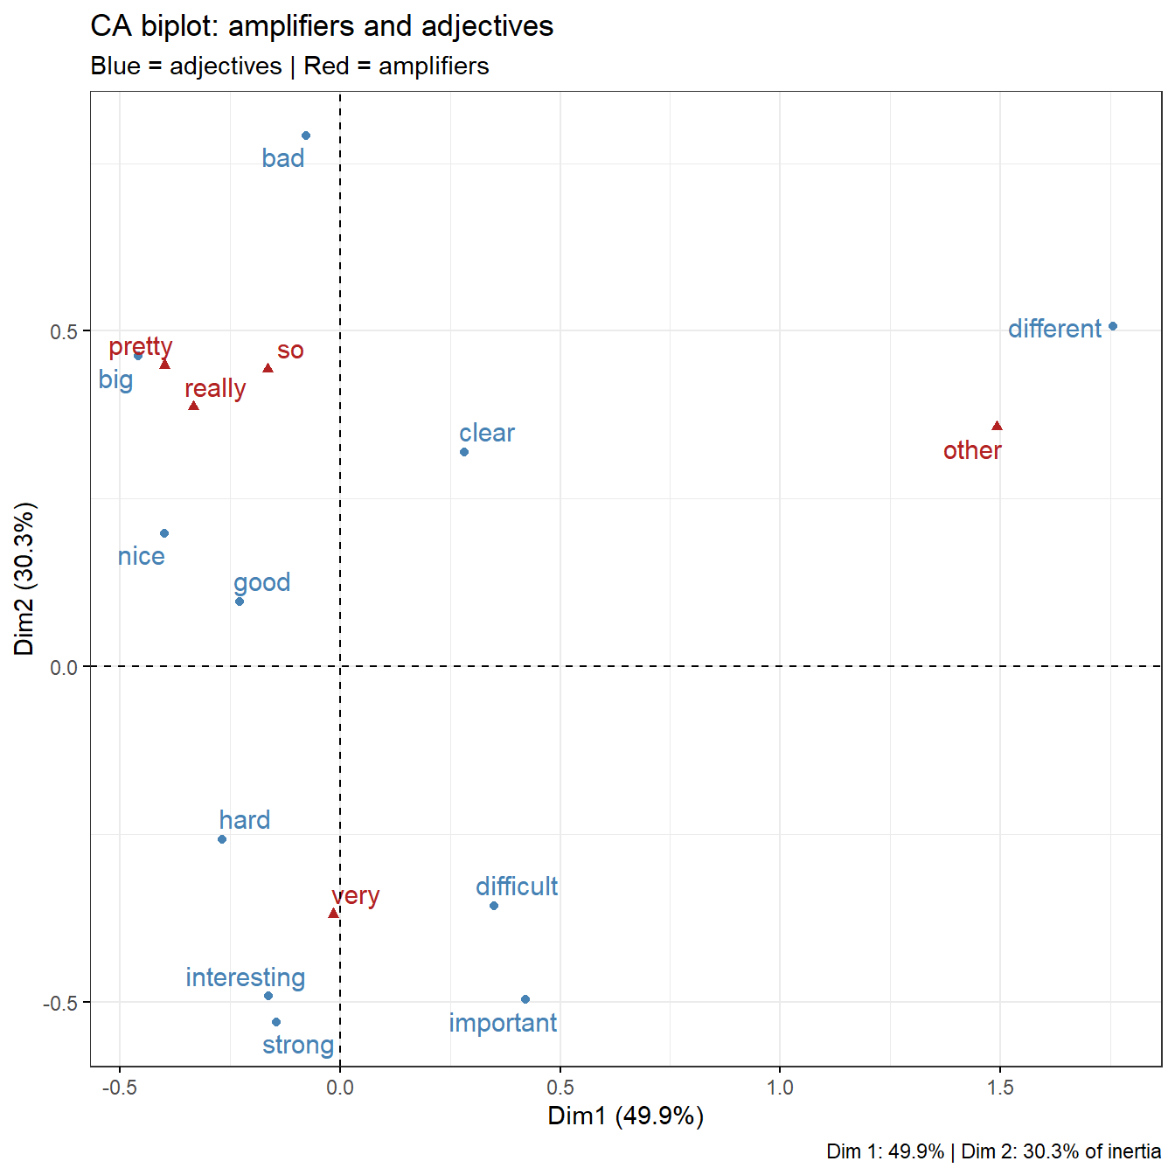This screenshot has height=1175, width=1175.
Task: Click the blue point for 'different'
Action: [x=1113, y=326]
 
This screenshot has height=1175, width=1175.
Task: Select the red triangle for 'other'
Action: [x=997, y=427]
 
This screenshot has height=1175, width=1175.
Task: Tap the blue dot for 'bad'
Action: [x=306, y=136]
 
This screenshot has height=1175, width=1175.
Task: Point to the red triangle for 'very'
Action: [x=333, y=914]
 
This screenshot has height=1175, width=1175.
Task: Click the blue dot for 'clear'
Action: [x=464, y=452]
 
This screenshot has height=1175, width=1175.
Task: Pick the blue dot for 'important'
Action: [x=525, y=999]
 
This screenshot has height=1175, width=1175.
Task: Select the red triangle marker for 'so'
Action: [x=268, y=368]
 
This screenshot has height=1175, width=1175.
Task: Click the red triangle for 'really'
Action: [x=194, y=406]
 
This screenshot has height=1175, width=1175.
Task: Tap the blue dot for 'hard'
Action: [x=222, y=839]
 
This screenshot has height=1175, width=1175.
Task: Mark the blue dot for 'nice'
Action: [x=164, y=533]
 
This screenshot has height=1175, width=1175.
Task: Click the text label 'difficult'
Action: [x=517, y=886]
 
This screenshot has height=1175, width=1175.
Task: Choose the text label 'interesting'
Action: [x=246, y=977]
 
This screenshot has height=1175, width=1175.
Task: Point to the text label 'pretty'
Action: [x=141, y=347]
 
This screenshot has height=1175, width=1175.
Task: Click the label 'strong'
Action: [x=298, y=1045]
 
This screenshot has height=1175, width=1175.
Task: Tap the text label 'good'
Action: [x=262, y=582]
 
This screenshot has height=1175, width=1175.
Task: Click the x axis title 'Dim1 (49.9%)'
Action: [x=626, y=1116]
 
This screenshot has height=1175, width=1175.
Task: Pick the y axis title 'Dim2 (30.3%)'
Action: [x=24, y=579]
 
